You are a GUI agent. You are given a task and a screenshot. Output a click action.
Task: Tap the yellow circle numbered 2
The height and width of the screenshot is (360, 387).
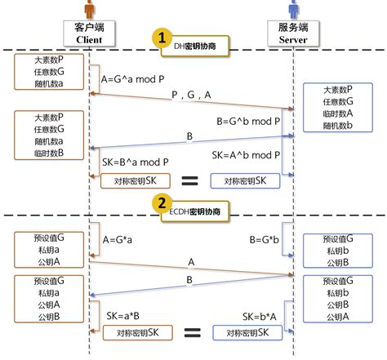click(163, 204)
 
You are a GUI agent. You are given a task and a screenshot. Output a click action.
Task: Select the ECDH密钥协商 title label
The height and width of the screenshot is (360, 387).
click(198, 212)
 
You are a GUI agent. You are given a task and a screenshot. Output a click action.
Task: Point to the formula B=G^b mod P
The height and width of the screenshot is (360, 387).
click(249, 120)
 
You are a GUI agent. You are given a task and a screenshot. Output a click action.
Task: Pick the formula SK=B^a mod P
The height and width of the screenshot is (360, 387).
click(137, 161)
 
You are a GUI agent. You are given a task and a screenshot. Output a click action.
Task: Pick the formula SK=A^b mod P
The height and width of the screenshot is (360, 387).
click(245, 154)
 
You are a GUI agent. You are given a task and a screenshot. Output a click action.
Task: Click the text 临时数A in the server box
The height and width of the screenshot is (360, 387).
click(338, 114)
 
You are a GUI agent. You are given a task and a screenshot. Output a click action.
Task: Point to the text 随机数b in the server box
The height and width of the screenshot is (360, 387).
click(338, 127)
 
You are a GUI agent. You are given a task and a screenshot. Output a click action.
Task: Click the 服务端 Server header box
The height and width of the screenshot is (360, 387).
click(292, 33)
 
